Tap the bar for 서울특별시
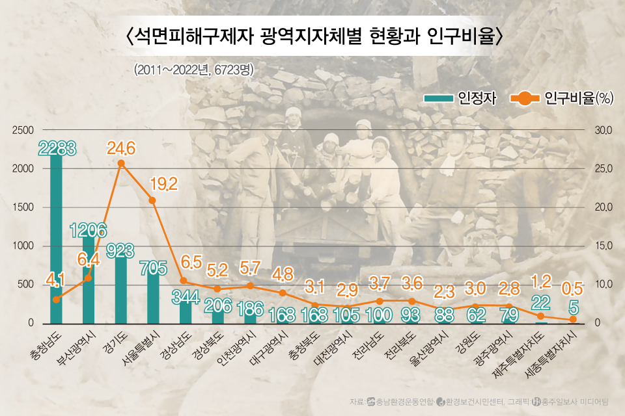152,299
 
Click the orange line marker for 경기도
121,163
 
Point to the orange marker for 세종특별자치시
573,320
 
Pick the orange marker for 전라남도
380,301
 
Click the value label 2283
57,148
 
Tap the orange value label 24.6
121,149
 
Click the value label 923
120,250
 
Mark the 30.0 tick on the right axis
604,130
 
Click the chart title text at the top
312,35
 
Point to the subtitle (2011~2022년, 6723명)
193,69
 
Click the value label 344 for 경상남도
185,297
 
